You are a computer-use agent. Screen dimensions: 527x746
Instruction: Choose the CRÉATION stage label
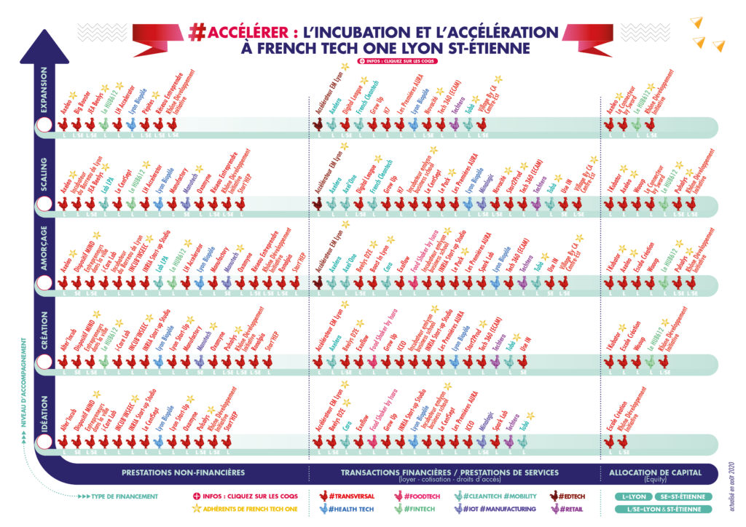point(43,332)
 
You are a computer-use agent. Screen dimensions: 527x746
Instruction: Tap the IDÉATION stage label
point(43,411)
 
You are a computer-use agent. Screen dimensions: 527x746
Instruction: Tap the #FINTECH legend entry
point(417,509)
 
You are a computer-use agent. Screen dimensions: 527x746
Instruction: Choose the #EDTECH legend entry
point(570,496)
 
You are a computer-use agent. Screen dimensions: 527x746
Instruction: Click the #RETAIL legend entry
point(569,509)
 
